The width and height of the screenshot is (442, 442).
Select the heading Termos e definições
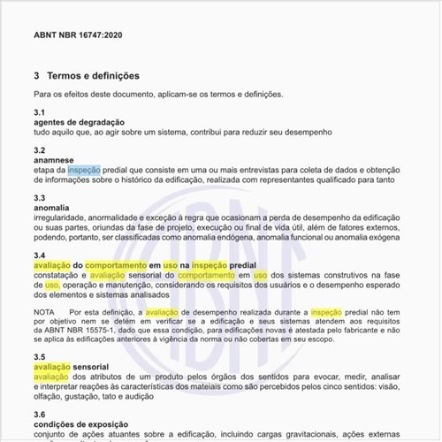[94, 76]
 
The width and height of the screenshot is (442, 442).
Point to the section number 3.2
[40, 150]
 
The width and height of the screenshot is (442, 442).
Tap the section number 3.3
[40, 198]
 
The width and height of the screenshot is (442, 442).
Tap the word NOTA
[44, 313]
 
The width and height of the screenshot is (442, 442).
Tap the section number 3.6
[40, 414]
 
